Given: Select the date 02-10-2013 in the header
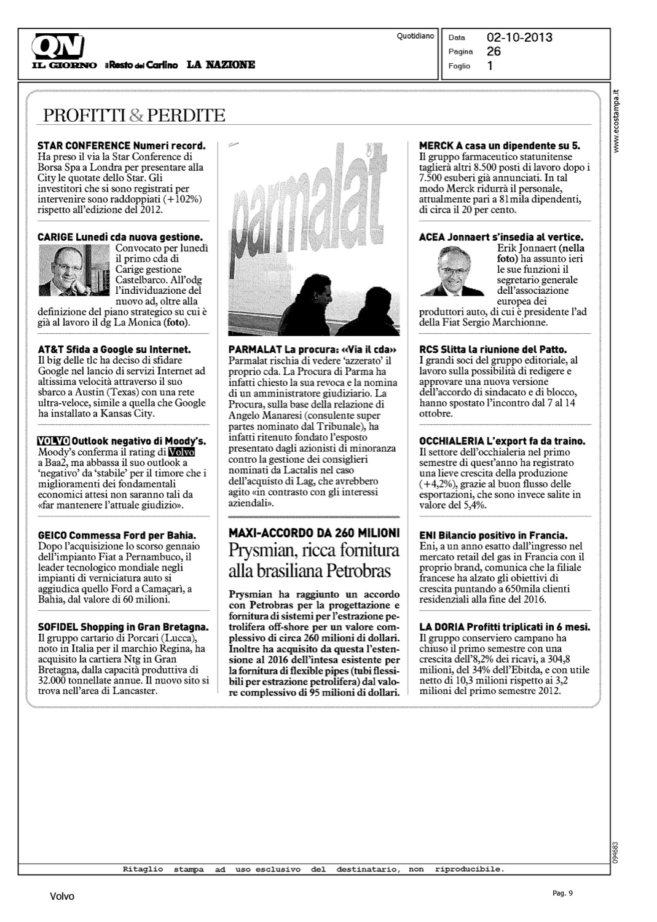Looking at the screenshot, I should click(x=519, y=37).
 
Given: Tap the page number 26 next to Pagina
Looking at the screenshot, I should click(x=494, y=52).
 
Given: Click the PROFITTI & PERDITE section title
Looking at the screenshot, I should click(x=131, y=115).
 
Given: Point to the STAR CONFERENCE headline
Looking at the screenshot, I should click(x=121, y=146).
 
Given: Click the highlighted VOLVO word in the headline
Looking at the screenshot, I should click(x=53, y=441).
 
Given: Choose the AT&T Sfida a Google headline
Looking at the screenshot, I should click(x=114, y=350).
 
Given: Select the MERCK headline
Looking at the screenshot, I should click(x=499, y=146).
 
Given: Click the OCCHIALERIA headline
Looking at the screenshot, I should click(x=502, y=441).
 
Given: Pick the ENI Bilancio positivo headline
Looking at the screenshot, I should click(x=493, y=535).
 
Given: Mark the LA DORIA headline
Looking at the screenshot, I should click(x=504, y=627).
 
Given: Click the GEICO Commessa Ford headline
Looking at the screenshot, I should click(x=117, y=535).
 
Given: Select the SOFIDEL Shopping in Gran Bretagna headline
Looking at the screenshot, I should click(x=123, y=627).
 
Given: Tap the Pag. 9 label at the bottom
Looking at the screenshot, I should click(x=562, y=893).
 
